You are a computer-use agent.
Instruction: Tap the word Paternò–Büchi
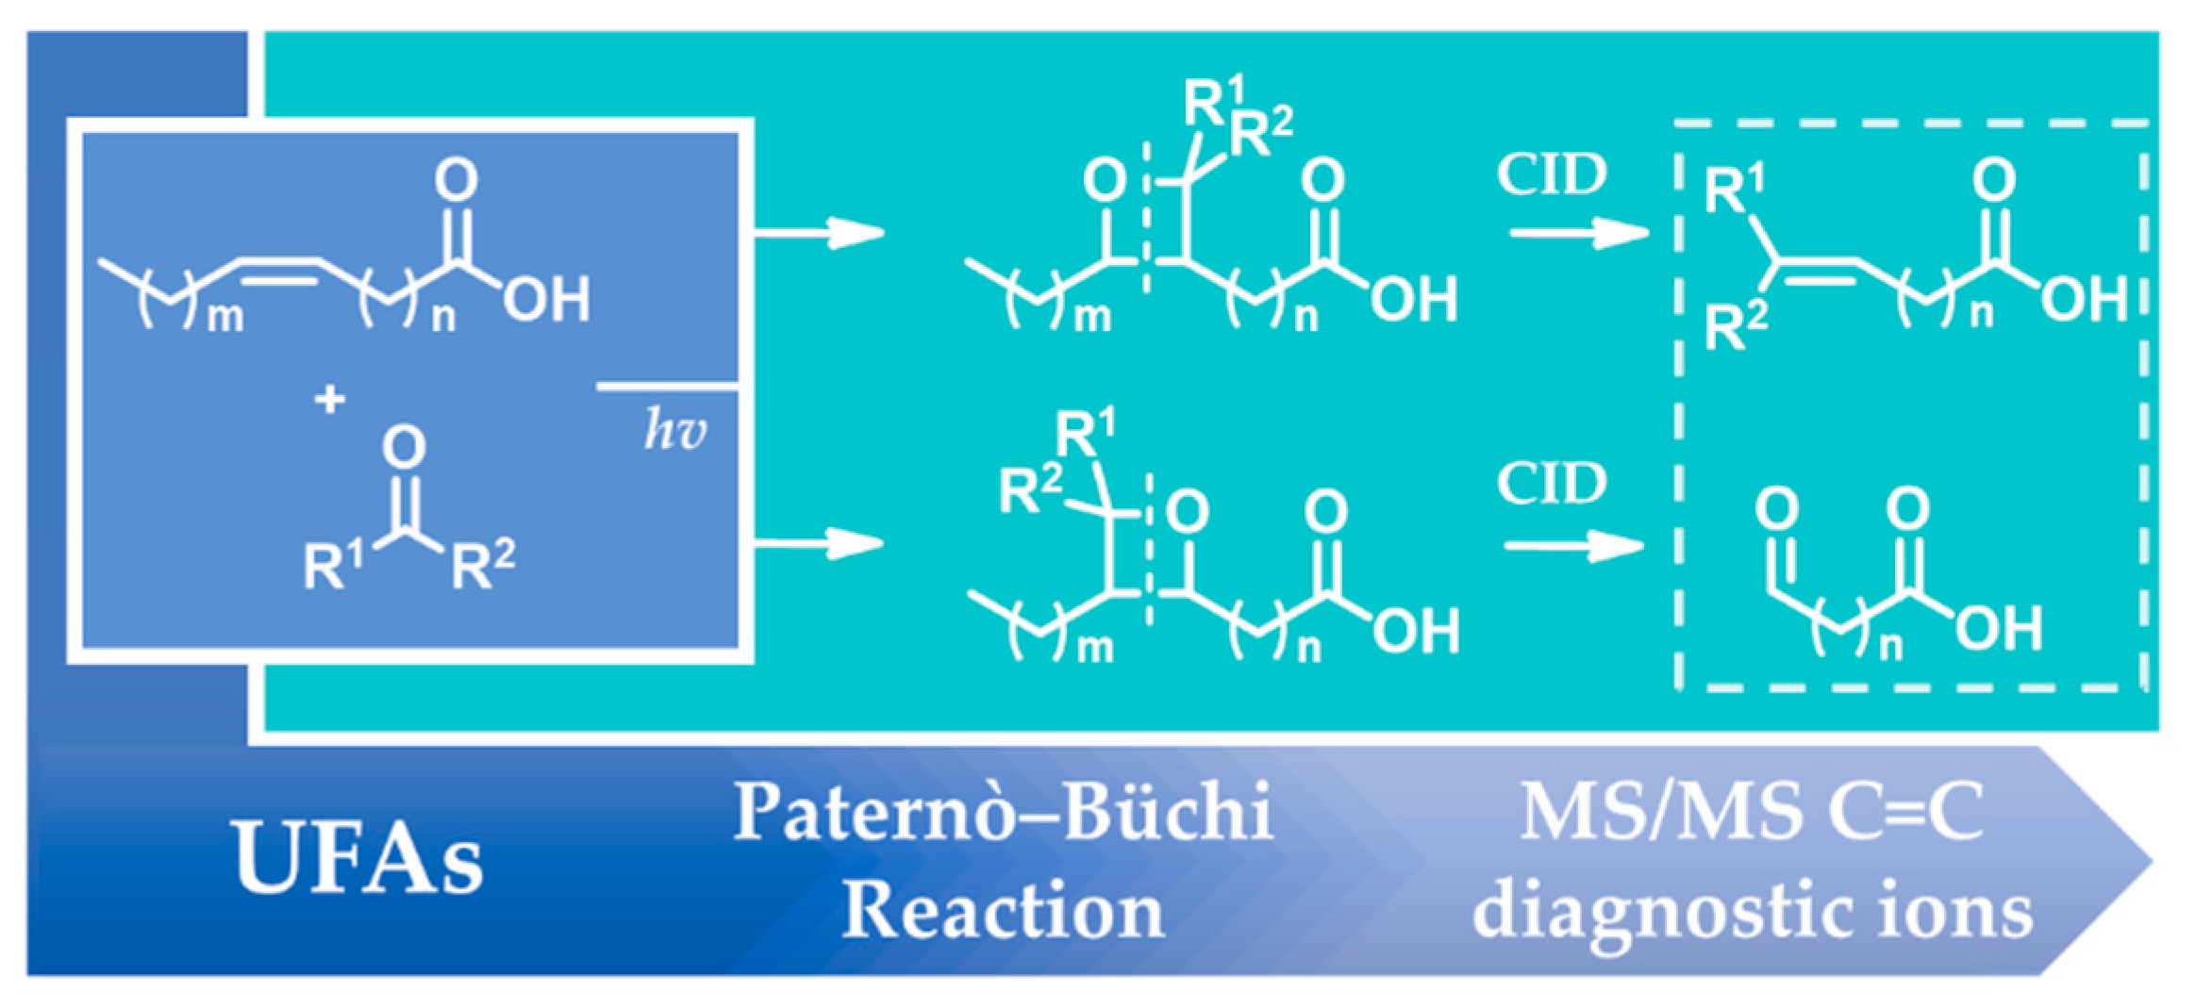[x=1003, y=812]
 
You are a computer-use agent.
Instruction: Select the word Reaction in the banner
[x=1003, y=911]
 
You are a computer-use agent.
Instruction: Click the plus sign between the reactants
[x=329, y=400]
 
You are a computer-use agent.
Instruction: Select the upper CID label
[x=1552, y=174]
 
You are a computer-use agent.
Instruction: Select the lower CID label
[x=1552, y=484]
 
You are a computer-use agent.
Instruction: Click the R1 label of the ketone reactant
[x=332, y=566]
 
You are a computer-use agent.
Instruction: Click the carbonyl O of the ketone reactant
[x=405, y=447]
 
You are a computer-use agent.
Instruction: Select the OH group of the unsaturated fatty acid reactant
[x=546, y=299]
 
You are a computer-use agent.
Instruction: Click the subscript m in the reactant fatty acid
[x=225, y=319]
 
